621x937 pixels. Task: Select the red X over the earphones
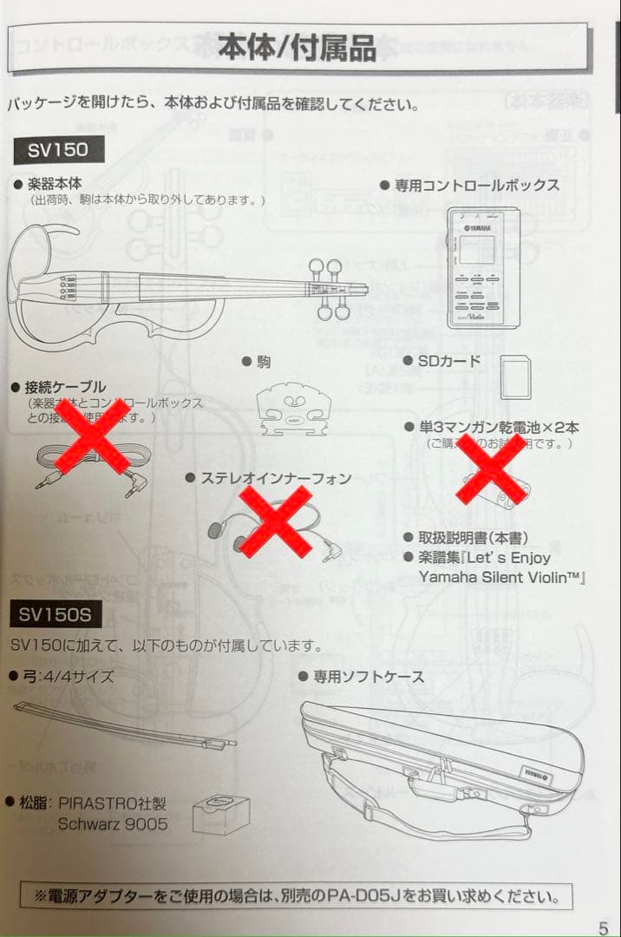[x=275, y=521]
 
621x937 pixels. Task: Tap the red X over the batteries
[x=490, y=468]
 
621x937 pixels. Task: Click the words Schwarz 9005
[x=113, y=823]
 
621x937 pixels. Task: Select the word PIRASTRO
[x=95, y=803]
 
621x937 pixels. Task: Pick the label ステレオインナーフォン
[x=276, y=478]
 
